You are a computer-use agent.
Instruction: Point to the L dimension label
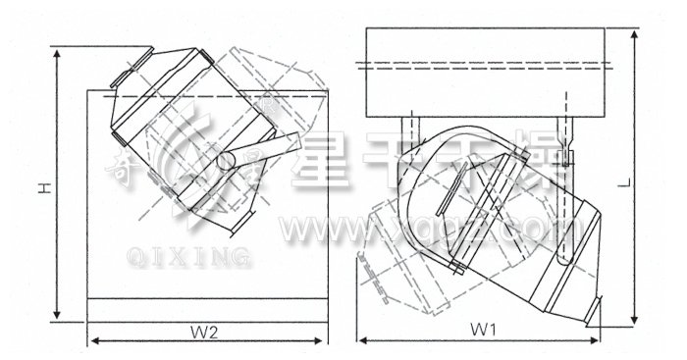coord(651,181)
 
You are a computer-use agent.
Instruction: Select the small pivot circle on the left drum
coord(226,159)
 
